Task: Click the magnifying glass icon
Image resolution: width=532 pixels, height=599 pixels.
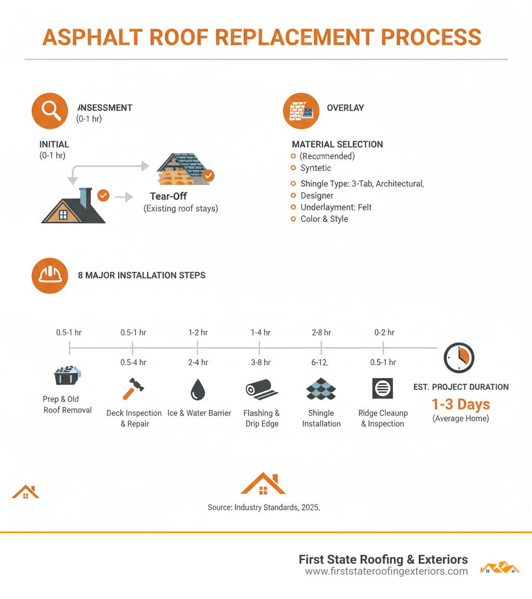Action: pyautogui.click(x=49, y=111)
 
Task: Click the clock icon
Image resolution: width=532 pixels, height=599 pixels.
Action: pyautogui.click(x=459, y=358)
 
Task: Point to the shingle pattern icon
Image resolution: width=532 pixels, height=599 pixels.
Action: pyautogui.click(x=321, y=389)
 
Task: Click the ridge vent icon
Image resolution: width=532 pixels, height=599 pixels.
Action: pyautogui.click(x=382, y=388)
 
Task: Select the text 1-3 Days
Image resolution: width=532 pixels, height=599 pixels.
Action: pyautogui.click(x=461, y=404)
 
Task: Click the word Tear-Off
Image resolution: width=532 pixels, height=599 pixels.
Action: pyautogui.click(x=168, y=197)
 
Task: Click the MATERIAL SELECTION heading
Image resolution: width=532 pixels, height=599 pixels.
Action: pyautogui.click(x=337, y=144)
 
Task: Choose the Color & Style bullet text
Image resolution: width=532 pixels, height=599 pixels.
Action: pyautogui.click(x=324, y=219)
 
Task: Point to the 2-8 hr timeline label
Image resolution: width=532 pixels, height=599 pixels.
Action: pyautogui.click(x=321, y=332)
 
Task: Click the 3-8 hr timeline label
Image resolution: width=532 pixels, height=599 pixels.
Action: pyautogui.click(x=260, y=362)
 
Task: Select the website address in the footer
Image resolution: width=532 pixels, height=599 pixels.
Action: pyautogui.click(x=386, y=571)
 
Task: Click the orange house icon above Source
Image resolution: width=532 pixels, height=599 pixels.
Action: pyautogui.click(x=263, y=484)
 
